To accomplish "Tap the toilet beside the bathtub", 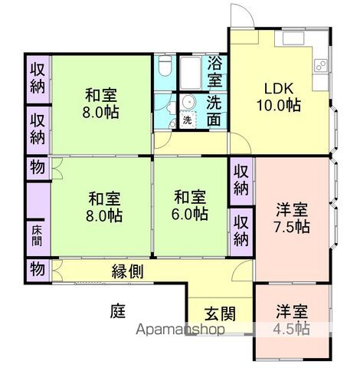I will (x=162, y=71).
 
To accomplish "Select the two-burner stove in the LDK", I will (x=294, y=38).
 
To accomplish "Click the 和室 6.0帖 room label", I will (x=188, y=205).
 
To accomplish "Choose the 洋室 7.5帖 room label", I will (x=292, y=216).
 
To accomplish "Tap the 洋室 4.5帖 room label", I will (x=292, y=320).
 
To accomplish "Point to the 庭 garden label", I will (x=116, y=310).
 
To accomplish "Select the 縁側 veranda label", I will (x=128, y=271).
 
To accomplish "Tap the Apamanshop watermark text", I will (x=180, y=330).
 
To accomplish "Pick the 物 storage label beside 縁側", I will (x=37, y=269).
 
